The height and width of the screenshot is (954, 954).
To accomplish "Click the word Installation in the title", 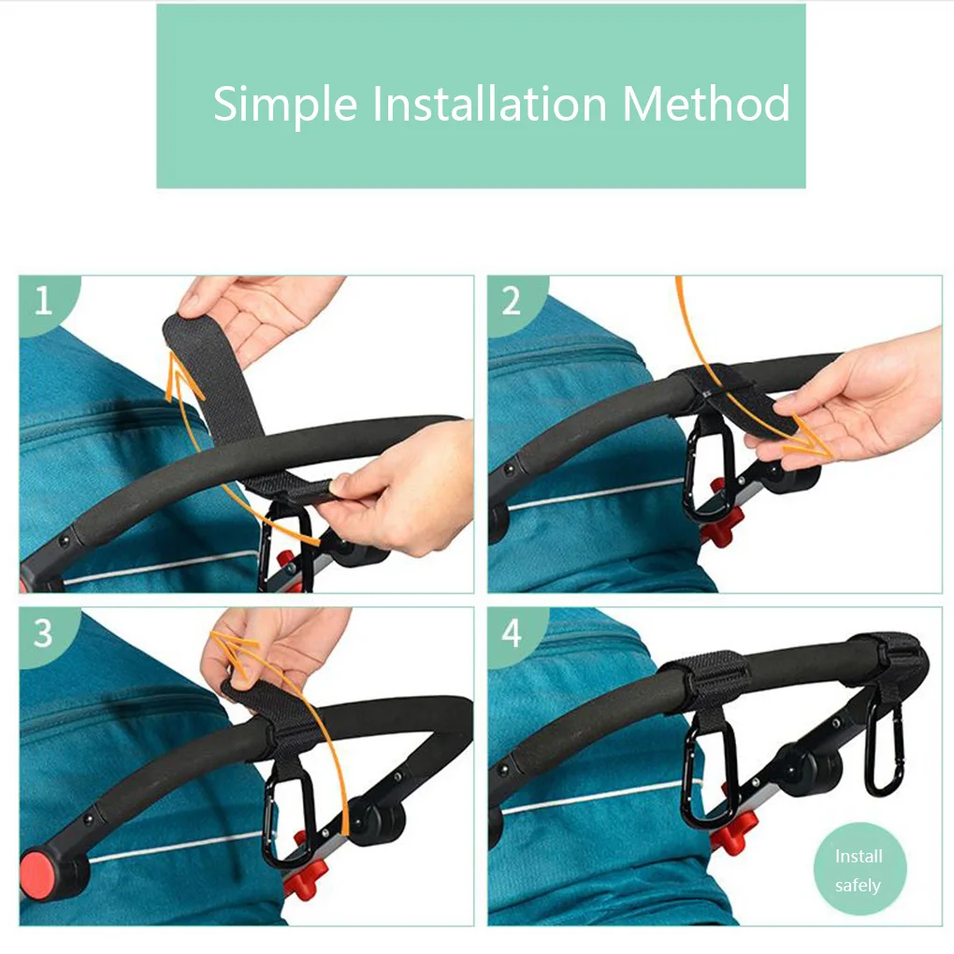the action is [x=489, y=103].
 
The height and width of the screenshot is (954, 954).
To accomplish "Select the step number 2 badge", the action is [x=515, y=302].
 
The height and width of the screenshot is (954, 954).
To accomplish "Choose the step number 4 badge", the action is [x=515, y=634].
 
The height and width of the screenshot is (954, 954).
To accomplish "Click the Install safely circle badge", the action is [x=860, y=870].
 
